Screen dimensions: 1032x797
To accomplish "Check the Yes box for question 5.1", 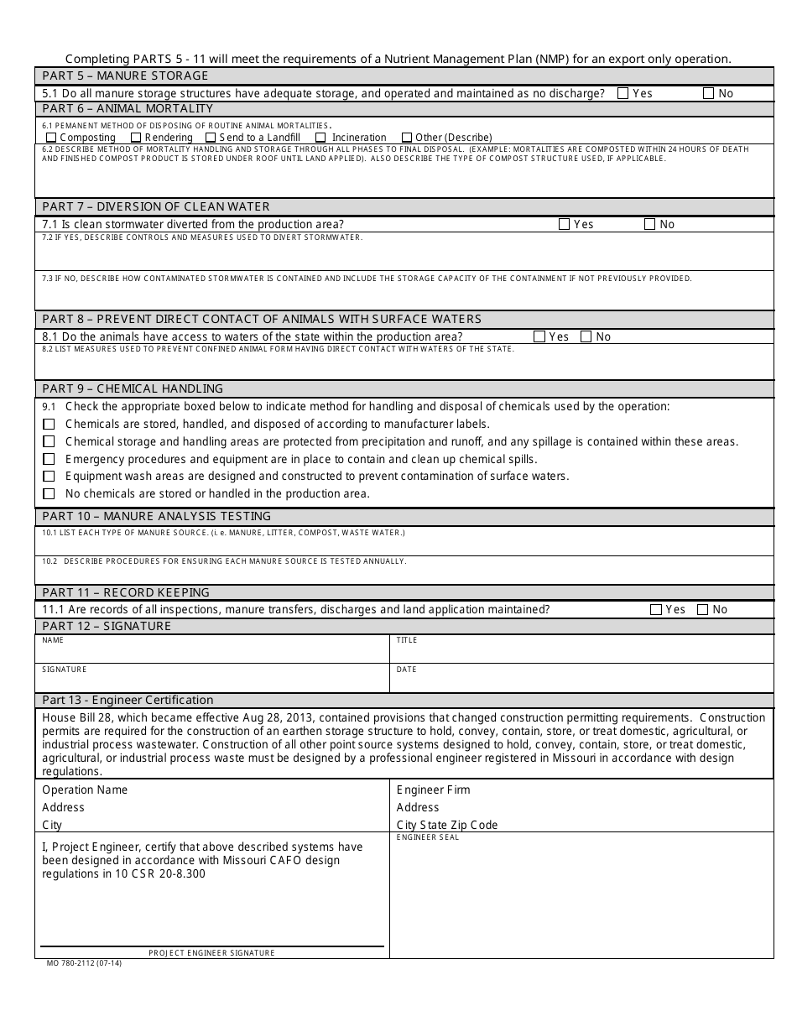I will pyautogui.click(x=622, y=94).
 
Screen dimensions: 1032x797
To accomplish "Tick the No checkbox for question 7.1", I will pyautogui.click(x=649, y=224).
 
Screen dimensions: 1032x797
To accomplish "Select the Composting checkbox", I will pyautogui.click(x=52, y=138).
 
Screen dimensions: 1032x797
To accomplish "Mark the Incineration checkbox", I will pyautogui.click(x=320, y=138).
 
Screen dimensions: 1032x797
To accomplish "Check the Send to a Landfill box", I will pyautogui.click(x=211, y=138).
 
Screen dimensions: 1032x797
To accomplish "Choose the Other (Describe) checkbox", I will pyautogui.click(x=407, y=138).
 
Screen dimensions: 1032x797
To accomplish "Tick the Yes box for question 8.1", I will pyautogui.click(x=539, y=336).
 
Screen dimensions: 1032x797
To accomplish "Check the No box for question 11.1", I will pyautogui.click(x=703, y=610).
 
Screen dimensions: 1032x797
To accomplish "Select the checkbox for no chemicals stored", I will pyautogui.click(x=49, y=494).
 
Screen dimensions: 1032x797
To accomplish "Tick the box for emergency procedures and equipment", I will pyautogui.click(x=49, y=459).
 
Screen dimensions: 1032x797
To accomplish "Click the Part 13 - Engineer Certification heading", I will pyautogui.click(x=128, y=700).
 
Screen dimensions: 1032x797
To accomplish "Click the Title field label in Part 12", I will pyautogui.click(x=407, y=640).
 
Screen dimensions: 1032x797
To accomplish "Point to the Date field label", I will pyautogui.click(x=406, y=670).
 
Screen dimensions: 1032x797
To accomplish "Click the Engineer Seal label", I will pyautogui.click(x=428, y=837).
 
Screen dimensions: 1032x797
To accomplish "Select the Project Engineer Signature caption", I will pyautogui.click(x=211, y=953).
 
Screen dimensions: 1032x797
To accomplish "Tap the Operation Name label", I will pyautogui.click(x=85, y=790).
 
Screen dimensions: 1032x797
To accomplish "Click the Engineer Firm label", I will pyautogui.click(x=433, y=790).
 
